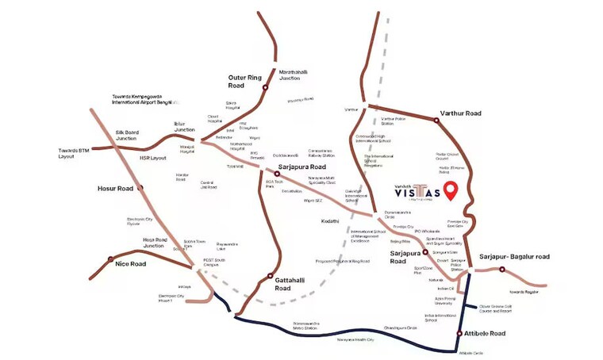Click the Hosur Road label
click(114, 188)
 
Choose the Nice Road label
click(132, 263)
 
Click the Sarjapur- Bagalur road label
click(515, 257)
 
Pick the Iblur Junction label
click(184, 127)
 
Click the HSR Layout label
click(152, 158)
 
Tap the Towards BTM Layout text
click(77, 153)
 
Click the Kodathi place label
click(331, 220)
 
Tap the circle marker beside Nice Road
click(109, 259)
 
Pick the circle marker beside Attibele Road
click(459, 333)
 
